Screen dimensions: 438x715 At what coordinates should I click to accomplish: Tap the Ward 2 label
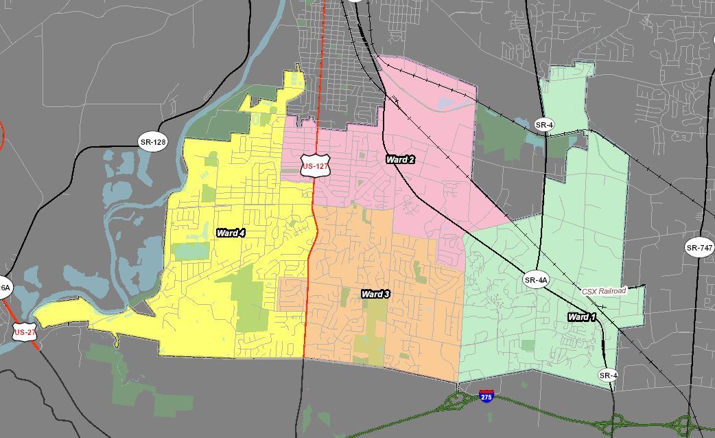(400, 159)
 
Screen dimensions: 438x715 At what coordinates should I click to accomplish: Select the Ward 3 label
(375, 294)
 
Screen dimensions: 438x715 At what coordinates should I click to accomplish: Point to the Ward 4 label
(231, 233)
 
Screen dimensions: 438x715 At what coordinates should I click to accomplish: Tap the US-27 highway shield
(25, 332)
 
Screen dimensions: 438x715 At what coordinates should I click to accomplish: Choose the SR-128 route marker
(152, 143)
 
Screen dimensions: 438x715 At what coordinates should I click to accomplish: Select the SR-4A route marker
(536, 279)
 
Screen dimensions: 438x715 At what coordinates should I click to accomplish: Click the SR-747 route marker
(699, 248)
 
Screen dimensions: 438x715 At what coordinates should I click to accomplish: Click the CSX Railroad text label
(604, 291)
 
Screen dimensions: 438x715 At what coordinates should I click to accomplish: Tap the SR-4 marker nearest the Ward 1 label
(607, 375)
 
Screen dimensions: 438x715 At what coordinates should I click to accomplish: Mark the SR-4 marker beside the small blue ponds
(543, 124)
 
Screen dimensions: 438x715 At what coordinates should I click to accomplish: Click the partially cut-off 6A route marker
(4, 288)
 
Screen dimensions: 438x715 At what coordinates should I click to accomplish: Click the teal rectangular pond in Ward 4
(190, 251)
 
